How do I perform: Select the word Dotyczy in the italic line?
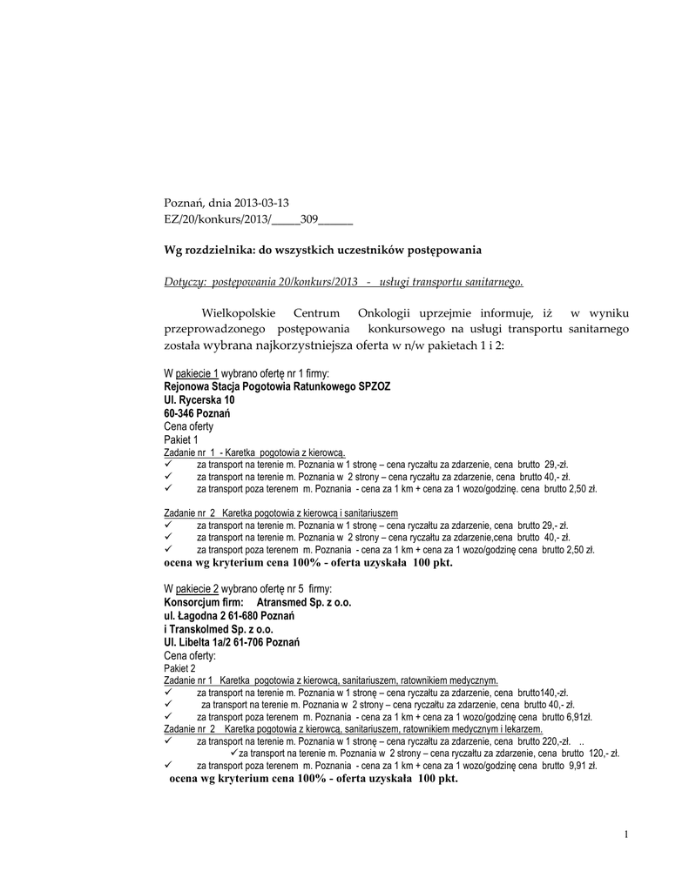point(184,282)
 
